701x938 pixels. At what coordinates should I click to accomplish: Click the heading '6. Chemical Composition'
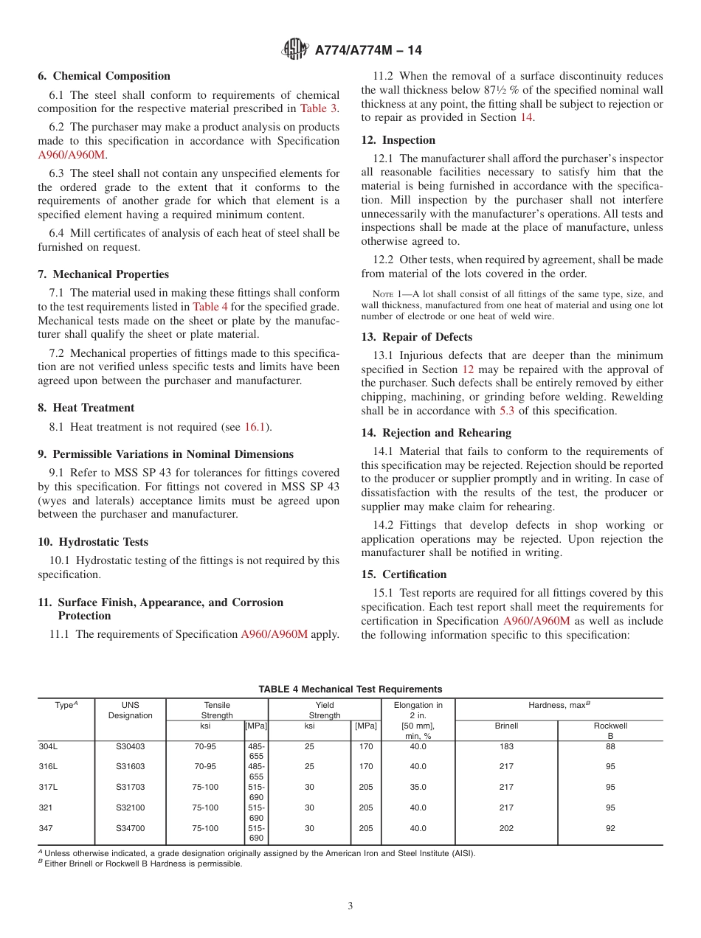point(104,76)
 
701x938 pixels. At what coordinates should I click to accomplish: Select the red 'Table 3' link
point(318,108)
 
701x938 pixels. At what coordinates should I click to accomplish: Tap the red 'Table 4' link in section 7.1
point(210,306)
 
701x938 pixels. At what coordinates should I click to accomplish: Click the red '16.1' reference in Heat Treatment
point(257,427)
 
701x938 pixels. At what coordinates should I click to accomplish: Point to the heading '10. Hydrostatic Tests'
point(93,542)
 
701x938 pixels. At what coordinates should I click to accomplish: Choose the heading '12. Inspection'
point(398,140)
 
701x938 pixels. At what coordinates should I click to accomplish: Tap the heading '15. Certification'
point(404,574)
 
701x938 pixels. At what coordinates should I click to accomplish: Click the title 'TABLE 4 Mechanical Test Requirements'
point(350,689)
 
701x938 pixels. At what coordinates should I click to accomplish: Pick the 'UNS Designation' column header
point(131,710)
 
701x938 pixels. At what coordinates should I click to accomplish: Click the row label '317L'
point(48,787)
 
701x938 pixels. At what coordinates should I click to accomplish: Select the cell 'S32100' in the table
point(131,807)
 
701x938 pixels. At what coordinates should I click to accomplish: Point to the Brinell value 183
point(506,746)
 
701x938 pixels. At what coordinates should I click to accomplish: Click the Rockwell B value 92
point(610,828)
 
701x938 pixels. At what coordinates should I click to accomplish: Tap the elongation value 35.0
point(418,787)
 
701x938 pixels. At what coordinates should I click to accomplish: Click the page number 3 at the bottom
point(350,906)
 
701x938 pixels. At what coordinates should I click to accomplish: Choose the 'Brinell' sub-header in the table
point(506,726)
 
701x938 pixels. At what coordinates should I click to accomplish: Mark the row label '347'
point(46,828)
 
